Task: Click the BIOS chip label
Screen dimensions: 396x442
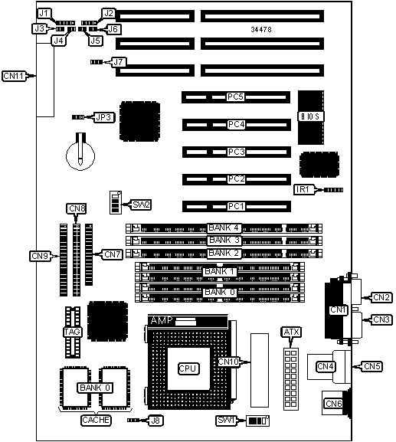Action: coord(311,116)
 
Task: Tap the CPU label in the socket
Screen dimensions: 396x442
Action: coord(188,368)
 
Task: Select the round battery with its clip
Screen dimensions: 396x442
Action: coord(80,152)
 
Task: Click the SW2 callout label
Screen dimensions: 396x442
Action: coord(141,205)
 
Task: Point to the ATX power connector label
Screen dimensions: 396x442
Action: coord(291,332)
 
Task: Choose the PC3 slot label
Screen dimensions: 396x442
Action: coord(236,152)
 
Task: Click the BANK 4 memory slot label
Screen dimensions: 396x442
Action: coord(224,228)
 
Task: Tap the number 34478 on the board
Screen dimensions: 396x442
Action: coord(261,30)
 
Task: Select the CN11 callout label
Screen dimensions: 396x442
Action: coord(14,76)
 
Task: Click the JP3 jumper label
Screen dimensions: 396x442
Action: coord(103,117)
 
